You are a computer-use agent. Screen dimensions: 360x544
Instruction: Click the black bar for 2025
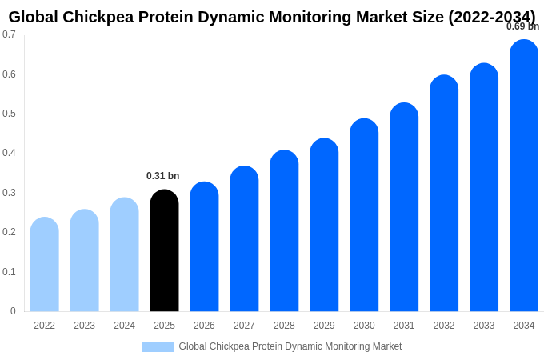coord(164,251)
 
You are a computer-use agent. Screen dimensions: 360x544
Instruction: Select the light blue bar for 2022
coord(45,265)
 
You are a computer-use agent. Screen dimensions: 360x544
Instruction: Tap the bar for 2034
coord(524,176)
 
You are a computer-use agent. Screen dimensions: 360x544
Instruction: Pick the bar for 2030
coord(364,215)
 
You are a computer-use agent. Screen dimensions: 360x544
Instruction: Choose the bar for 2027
coord(244,239)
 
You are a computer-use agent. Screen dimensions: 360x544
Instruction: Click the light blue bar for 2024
coord(124,255)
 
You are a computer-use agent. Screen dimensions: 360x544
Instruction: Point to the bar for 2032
coord(444,194)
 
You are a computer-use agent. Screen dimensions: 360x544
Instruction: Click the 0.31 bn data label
coord(163,176)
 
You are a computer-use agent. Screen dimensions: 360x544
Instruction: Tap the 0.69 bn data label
coord(522,26)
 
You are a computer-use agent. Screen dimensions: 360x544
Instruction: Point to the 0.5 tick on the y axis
coord(9,114)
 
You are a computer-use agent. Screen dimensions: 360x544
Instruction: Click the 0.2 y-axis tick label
coord(9,232)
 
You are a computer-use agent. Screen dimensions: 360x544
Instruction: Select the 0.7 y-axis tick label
coord(9,34)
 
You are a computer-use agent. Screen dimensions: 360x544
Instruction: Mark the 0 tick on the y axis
coord(13,311)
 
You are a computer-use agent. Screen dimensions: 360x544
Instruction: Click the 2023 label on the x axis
coord(84,326)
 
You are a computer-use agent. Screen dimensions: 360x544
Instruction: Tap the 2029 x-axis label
coord(324,326)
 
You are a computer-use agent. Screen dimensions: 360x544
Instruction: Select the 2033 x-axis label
coord(484,326)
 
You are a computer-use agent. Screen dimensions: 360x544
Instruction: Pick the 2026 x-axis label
coord(204,326)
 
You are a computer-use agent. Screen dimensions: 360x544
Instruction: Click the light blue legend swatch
coord(158,347)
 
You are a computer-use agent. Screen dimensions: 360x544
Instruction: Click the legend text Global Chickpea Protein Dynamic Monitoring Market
coord(290,346)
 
